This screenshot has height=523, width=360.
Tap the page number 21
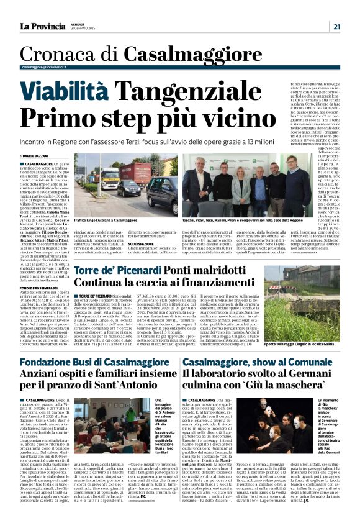tap(336, 26)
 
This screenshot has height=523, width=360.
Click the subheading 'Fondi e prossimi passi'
tap(39, 288)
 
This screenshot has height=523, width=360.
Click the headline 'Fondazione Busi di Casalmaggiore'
tap(90, 362)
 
